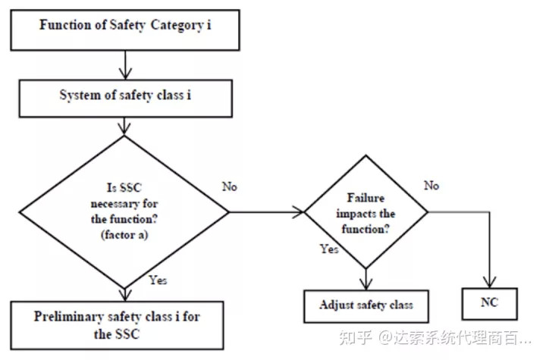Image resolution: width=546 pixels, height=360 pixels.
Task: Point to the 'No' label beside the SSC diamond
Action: [230, 186]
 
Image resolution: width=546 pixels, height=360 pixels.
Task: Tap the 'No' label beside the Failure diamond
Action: [431, 186]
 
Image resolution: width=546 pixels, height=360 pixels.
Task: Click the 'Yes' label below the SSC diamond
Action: [158, 280]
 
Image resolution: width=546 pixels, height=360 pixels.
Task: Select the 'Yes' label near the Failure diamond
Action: [329, 249]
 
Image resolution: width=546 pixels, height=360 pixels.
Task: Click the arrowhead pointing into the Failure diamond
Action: [299, 211]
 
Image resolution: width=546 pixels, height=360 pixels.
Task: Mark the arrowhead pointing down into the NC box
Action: [490, 282]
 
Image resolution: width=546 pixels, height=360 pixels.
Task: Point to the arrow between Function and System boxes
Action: [125, 65]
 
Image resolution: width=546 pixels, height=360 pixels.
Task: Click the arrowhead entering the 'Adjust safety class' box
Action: [366, 284]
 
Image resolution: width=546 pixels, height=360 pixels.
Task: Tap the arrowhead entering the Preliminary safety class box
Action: [124, 296]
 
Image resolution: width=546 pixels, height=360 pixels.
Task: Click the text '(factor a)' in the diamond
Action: [124, 235]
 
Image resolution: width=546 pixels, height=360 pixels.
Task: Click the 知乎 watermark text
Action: [355, 337]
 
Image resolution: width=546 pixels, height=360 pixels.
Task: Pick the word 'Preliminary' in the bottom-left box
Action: [68, 317]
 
